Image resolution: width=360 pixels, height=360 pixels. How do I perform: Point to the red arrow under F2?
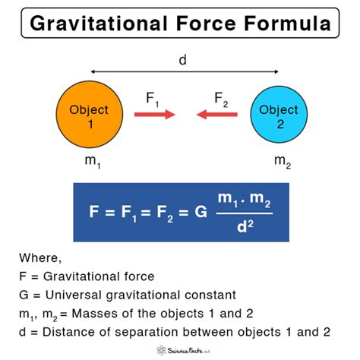pos(216,115)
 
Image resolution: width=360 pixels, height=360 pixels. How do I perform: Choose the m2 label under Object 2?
pos(281,163)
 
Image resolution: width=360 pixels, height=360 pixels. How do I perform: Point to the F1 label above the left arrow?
pos(152,98)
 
